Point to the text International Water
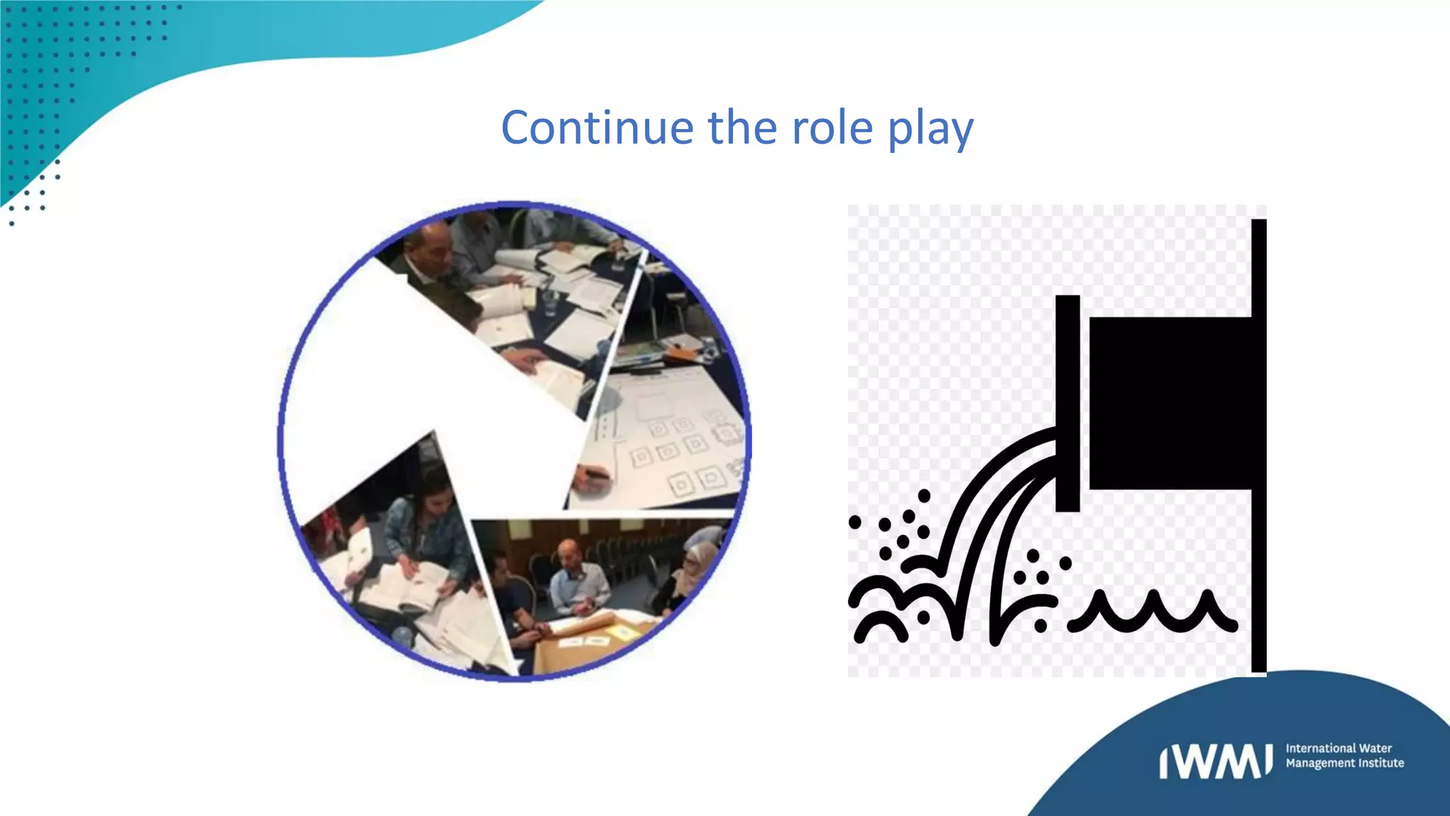pyautogui.click(x=1338, y=748)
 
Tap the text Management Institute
pyautogui.click(x=1345, y=764)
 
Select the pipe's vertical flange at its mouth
pyautogui.click(x=1067, y=402)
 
